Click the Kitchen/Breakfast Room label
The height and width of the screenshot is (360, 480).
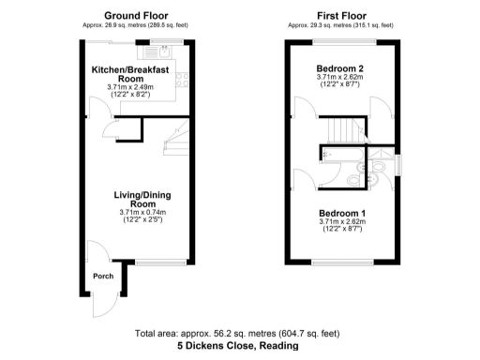[129, 74]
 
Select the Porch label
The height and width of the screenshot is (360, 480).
[102, 276]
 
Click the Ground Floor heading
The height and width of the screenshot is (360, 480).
[136, 15]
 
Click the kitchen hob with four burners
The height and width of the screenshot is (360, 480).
[185, 82]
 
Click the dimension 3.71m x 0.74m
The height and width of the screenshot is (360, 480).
[142, 213]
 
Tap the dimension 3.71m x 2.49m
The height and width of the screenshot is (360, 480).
[129, 88]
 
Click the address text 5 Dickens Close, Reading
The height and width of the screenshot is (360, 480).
[240, 346]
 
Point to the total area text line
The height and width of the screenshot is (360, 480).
[240, 334]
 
